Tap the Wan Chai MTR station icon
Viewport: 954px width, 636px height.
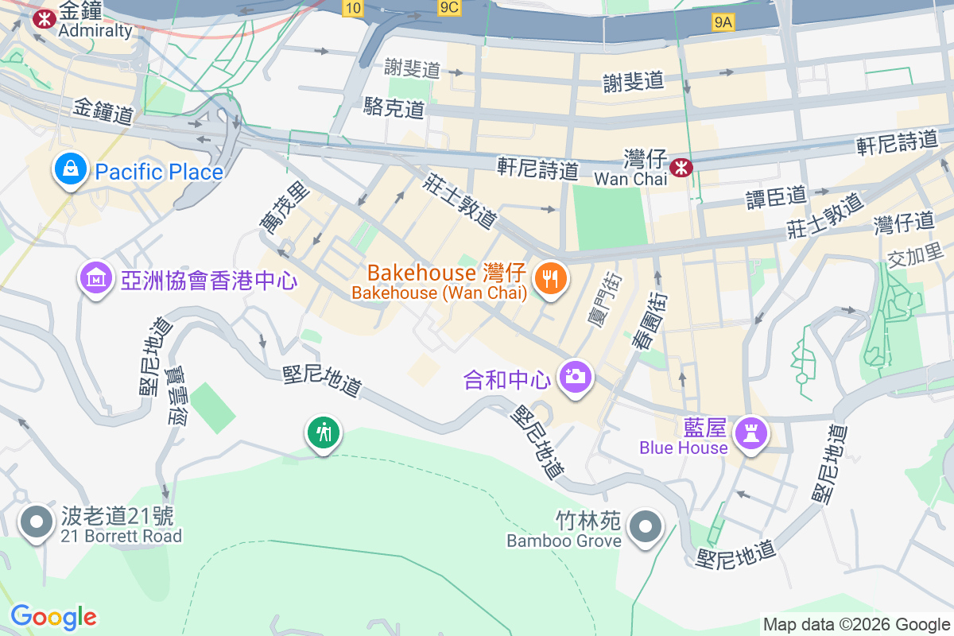[681, 167]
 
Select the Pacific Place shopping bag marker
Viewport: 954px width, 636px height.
[71, 169]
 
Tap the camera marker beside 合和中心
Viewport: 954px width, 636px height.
[575, 375]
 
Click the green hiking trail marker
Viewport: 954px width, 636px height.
[324, 433]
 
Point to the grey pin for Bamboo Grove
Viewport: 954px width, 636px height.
[645, 526]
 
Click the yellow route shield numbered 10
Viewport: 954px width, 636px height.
[354, 8]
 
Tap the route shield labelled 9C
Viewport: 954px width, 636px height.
[449, 8]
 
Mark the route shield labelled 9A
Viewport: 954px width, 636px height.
[723, 23]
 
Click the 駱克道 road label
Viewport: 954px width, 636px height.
[394, 108]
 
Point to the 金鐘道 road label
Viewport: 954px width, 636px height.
[103, 112]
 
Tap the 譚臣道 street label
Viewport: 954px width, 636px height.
[777, 195]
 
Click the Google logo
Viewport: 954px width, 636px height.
[53, 617]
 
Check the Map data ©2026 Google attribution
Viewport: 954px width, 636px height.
[856, 625]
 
